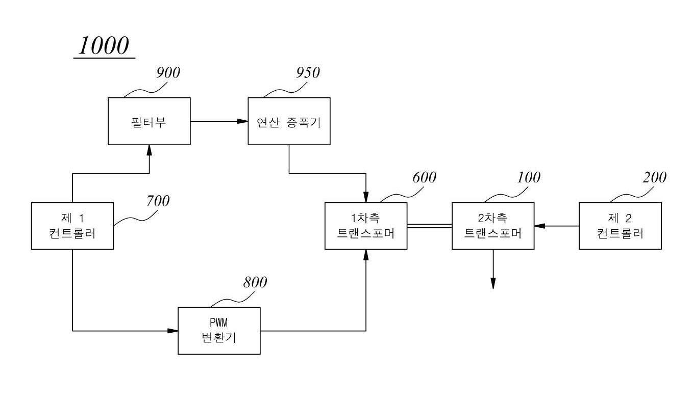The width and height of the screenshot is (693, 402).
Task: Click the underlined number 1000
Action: pyautogui.click(x=104, y=46)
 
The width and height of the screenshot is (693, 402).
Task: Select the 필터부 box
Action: pyautogui.click(x=149, y=121)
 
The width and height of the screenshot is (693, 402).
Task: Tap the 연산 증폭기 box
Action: pyautogui.click(x=289, y=121)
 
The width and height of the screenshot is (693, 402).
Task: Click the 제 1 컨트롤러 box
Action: pyautogui.click(x=72, y=226)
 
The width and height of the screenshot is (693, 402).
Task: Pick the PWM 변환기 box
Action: pyautogui.click(x=218, y=331)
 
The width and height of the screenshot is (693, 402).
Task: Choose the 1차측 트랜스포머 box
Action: pyautogui.click(x=366, y=226)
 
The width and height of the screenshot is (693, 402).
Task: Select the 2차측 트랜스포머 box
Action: pyautogui.click(x=493, y=226)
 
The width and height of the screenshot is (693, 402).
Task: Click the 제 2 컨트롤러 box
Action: pyautogui.click(x=620, y=226)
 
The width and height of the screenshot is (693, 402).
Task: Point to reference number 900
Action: pyautogui.click(x=168, y=73)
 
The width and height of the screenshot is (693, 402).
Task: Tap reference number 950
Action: pyautogui.click(x=308, y=73)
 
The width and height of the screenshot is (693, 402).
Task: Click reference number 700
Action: pyautogui.click(x=158, y=201)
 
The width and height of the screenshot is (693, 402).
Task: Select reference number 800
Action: pyautogui.click(x=255, y=282)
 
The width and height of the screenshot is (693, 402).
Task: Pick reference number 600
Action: pyautogui.click(x=424, y=177)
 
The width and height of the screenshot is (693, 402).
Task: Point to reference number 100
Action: pyautogui.click(x=528, y=177)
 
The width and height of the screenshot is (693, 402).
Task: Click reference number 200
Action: pyautogui.click(x=655, y=177)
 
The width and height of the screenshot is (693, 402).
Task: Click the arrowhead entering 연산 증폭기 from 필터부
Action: pyautogui.click(x=243, y=121)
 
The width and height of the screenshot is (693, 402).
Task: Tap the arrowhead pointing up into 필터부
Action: pyautogui.click(x=149, y=149)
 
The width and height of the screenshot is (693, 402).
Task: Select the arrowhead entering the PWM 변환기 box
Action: pyautogui.click(x=173, y=331)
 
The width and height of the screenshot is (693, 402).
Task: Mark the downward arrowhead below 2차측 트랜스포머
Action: pyautogui.click(x=493, y=284)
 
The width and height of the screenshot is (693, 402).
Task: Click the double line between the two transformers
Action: pyautogui.click(x=430, y=226)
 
